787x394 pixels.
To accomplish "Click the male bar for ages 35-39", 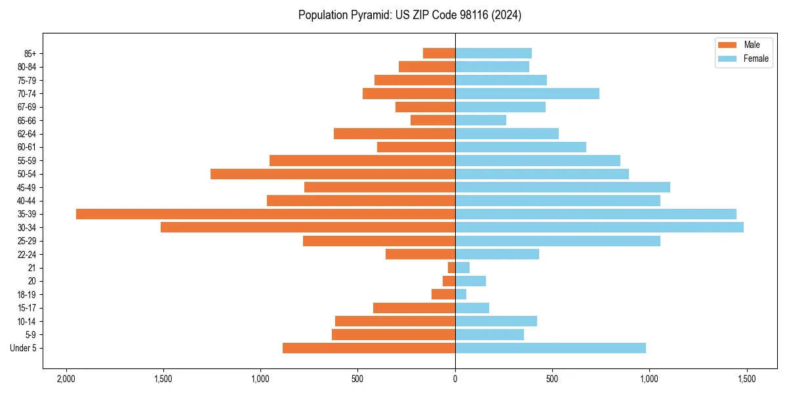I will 266,214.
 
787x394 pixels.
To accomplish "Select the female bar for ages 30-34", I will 599,227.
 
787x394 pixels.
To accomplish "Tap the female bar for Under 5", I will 550,348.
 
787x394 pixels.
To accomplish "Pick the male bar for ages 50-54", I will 333,174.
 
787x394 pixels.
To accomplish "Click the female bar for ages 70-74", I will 527,94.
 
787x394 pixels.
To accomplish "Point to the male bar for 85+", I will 439,53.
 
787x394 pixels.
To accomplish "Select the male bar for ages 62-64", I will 394,134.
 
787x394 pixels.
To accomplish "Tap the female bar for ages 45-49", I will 563,187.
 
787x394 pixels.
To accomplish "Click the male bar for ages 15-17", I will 414,308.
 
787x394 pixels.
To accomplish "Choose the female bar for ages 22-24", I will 497,254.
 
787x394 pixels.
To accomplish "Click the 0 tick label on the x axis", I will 455,379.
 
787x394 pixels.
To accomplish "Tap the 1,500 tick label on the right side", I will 746,379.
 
